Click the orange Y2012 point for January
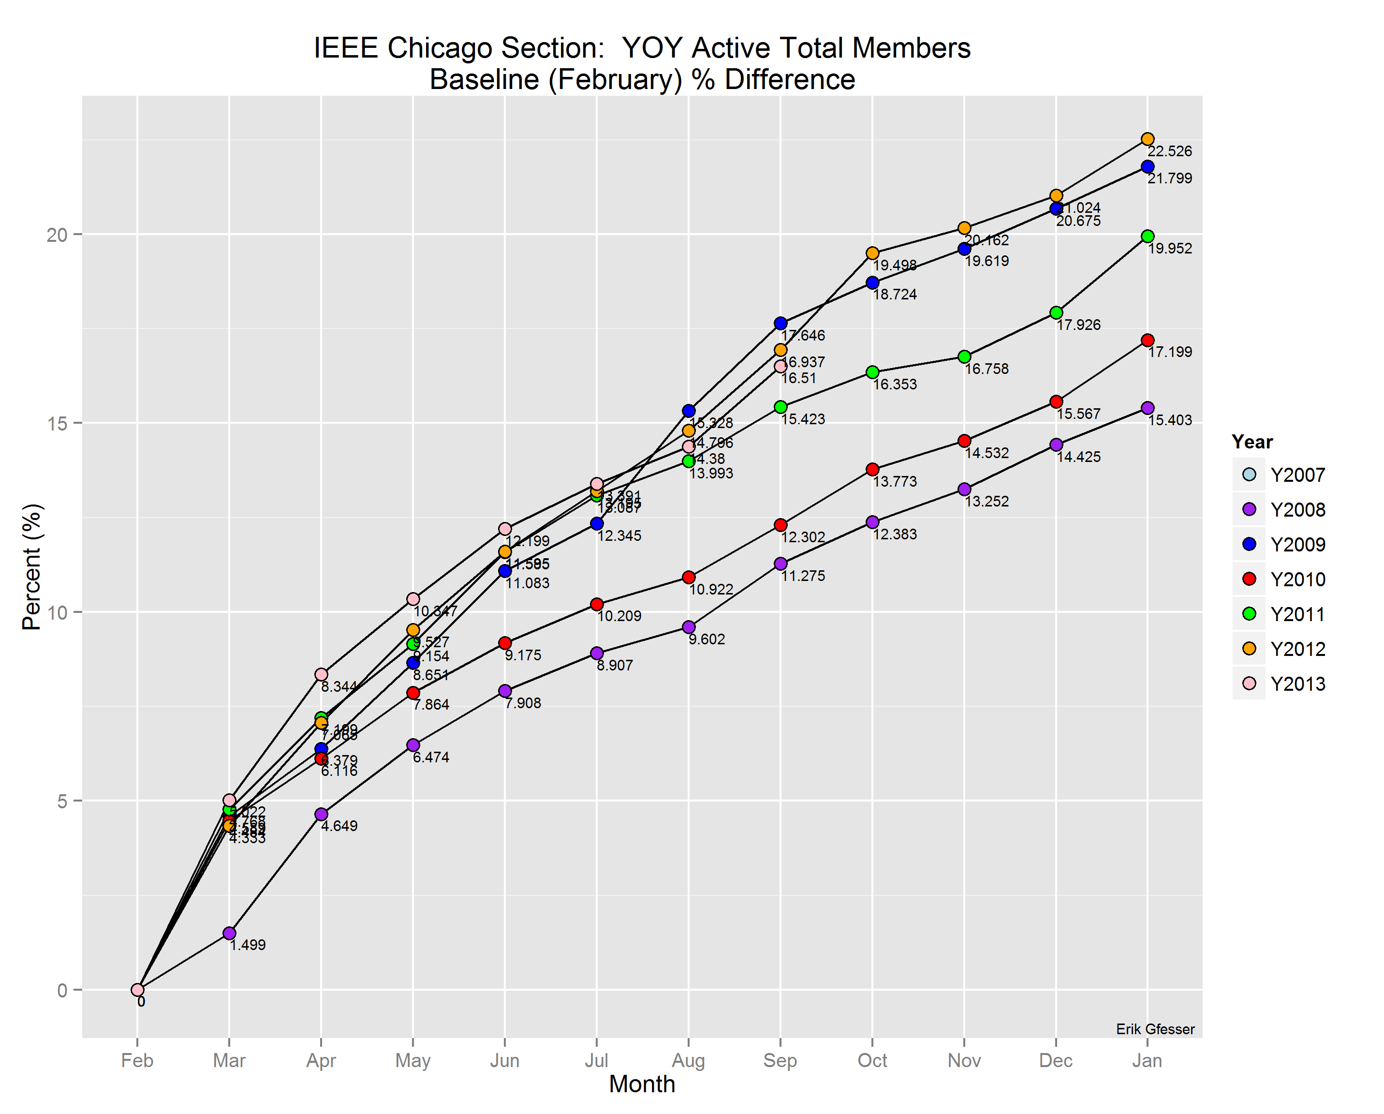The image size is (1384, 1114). pyautogui.click(x=1147, y=139)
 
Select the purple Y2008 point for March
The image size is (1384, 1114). pyautogui.click(x=229, y=933)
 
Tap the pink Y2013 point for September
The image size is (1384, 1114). pyautogui.click(x=780, y=367)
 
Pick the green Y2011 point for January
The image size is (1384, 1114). pyautogui.click(x=1147, y=236)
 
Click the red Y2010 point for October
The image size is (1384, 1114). pyautogui.click(x=872, y=469)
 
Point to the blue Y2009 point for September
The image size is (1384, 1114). pyautogui.click(x=780, y=323)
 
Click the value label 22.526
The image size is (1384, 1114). pyautogui.click(x=1170, y=151)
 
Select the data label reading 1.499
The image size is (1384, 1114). pyautogui.click(x=248, y=945)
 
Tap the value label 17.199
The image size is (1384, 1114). pyautogui.click(x=1170, y=353)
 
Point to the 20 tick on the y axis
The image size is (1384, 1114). pyautogui.click(x=57, y=235)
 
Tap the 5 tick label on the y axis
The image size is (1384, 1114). pyautogui.click(x=61, y=802)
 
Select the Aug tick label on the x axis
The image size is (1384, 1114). pyautogui.click(x=688, y=1060)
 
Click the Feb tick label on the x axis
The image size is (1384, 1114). pyautogui.click(x=137, y=1060)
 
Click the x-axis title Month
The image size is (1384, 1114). pyautogui.click(x=642, y=1084)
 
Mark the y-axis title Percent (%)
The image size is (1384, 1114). pyautogui.click(x=31, y=566)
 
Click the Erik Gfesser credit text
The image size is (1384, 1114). pyautogui.click(x=1155, y=1029)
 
